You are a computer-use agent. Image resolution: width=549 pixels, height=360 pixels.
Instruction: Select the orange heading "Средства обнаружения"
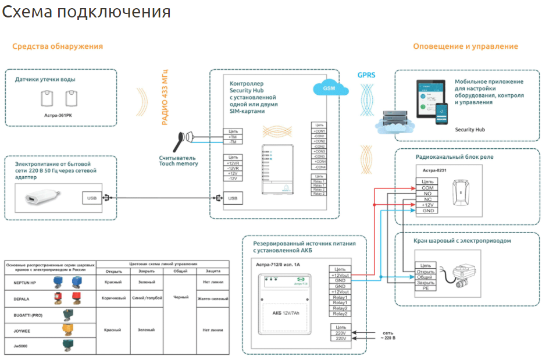(58, 47)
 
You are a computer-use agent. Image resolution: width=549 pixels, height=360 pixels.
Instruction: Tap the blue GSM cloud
(329, 89)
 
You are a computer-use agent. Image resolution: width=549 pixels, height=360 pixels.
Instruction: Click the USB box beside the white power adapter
(92, 198)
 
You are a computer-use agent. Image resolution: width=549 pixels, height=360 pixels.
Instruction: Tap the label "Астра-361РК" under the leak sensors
(59, 115)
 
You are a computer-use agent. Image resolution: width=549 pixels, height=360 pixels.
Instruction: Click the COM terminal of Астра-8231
(427, 187)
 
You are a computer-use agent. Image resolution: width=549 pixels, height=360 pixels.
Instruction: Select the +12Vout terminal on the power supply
(340, 275)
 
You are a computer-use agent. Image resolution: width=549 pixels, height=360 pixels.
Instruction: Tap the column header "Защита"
(212, 271)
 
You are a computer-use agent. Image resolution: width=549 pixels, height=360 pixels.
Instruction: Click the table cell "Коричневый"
(113, 297)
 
